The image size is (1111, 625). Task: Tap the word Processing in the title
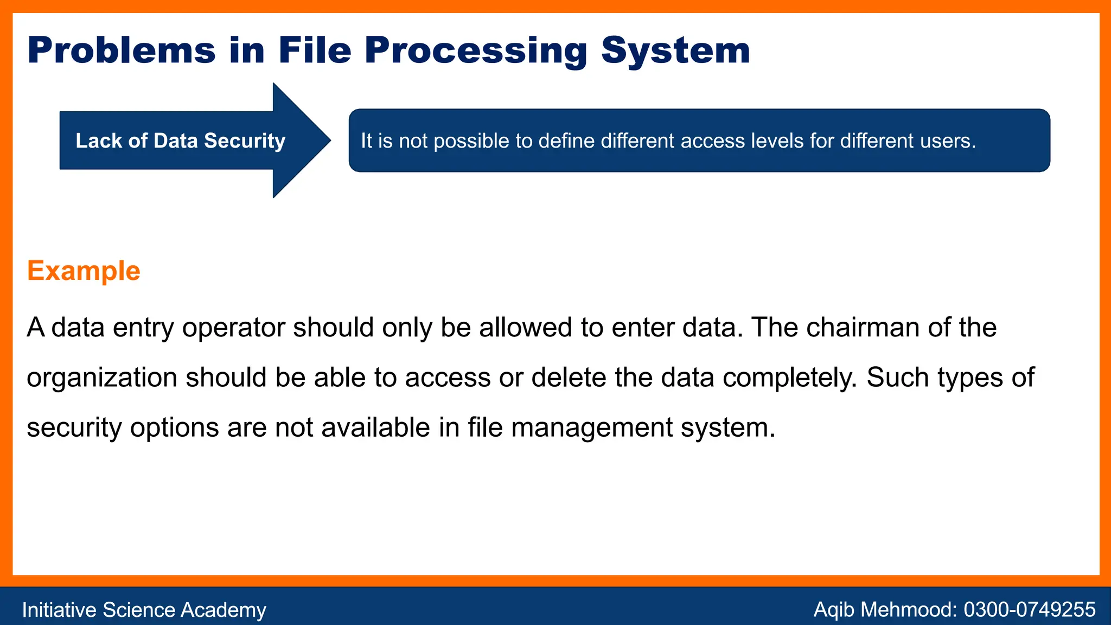476,51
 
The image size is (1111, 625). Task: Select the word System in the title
675,51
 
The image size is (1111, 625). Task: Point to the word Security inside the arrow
245,141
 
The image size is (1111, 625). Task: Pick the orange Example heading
84,271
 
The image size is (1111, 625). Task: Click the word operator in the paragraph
233,328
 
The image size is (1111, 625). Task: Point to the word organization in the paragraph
102,378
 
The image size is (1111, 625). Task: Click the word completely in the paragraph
789,378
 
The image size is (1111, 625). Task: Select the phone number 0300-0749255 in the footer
1029,610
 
